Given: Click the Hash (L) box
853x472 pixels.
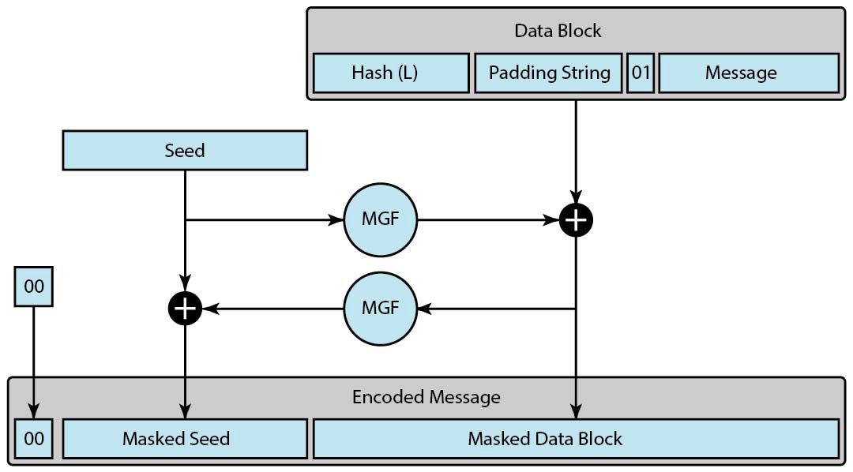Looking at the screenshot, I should (391, 73).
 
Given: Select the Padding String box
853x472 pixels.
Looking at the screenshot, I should (549, 73).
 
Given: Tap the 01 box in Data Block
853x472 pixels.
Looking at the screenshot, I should (641, 73).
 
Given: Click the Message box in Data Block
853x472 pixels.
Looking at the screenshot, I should (748, 73).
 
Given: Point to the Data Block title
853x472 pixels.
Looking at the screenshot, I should (558, 31).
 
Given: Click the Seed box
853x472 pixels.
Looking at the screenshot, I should (185, 150).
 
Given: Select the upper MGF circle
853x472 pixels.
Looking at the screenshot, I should (380, 220).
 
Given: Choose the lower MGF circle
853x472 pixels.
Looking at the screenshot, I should (380, 308).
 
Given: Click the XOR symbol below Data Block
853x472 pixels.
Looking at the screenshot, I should (576, 220).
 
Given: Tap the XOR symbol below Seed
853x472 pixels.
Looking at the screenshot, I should (185, 308).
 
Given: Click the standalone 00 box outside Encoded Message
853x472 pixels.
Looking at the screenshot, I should (34, 287).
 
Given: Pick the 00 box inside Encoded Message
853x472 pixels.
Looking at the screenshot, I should (34, 438).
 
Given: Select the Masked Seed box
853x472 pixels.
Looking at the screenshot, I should (185, 438).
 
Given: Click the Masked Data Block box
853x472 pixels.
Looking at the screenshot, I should (576, 438).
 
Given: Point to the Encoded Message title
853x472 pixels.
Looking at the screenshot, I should (426, 396).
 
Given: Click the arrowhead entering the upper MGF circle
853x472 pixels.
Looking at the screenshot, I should (337, 220).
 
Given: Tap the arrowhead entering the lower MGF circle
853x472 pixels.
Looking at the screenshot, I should (424, 308).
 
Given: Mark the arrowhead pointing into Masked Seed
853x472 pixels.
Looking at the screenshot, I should (185, 412).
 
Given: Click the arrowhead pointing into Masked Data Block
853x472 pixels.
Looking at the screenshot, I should (576, 412).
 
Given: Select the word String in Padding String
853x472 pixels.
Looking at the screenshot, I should (583, 73).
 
